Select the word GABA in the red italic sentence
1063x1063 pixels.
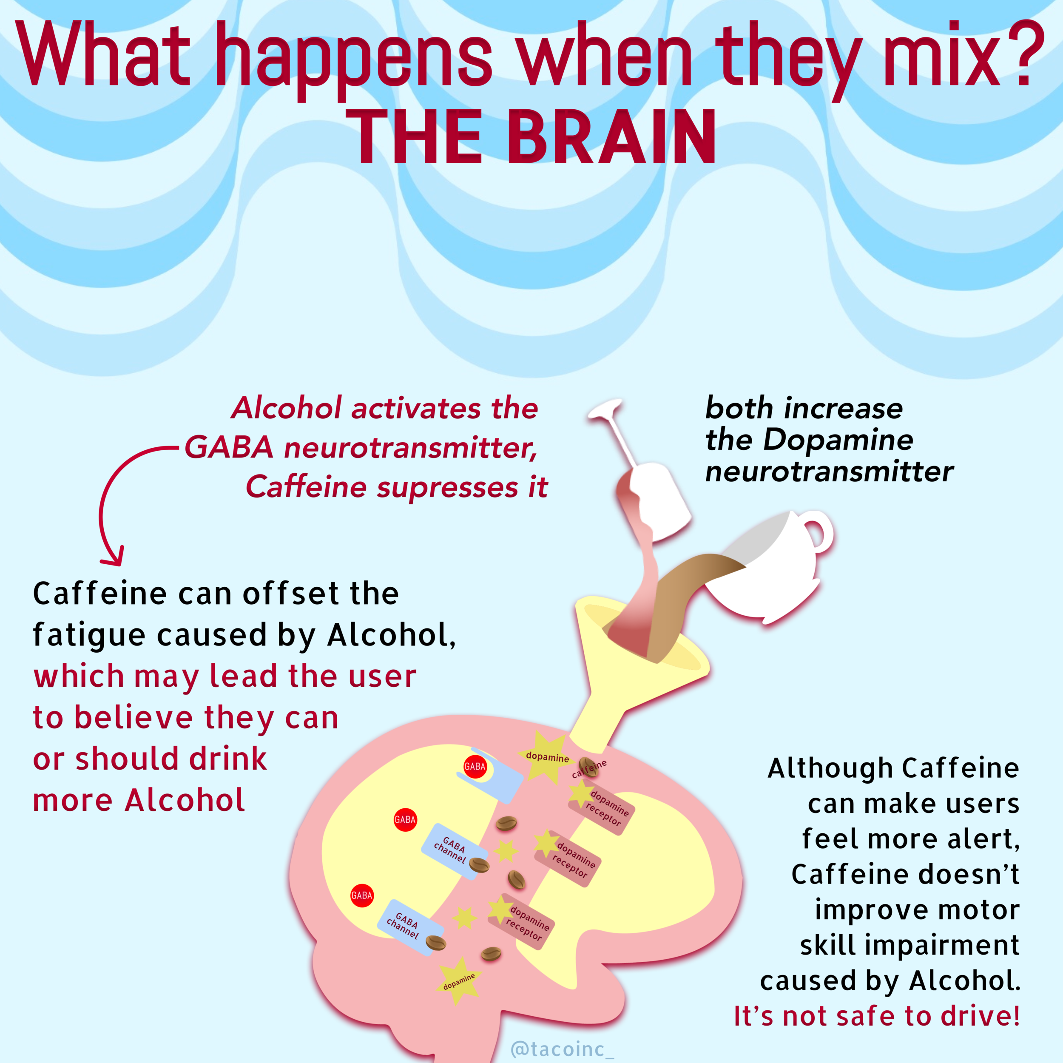coord(228,447)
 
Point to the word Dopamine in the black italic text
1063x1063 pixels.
coord(838,440)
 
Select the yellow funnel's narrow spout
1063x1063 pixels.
coord(597,726)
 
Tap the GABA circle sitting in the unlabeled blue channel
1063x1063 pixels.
coord(475,767)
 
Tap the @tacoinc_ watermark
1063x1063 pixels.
coord(562,1049)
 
